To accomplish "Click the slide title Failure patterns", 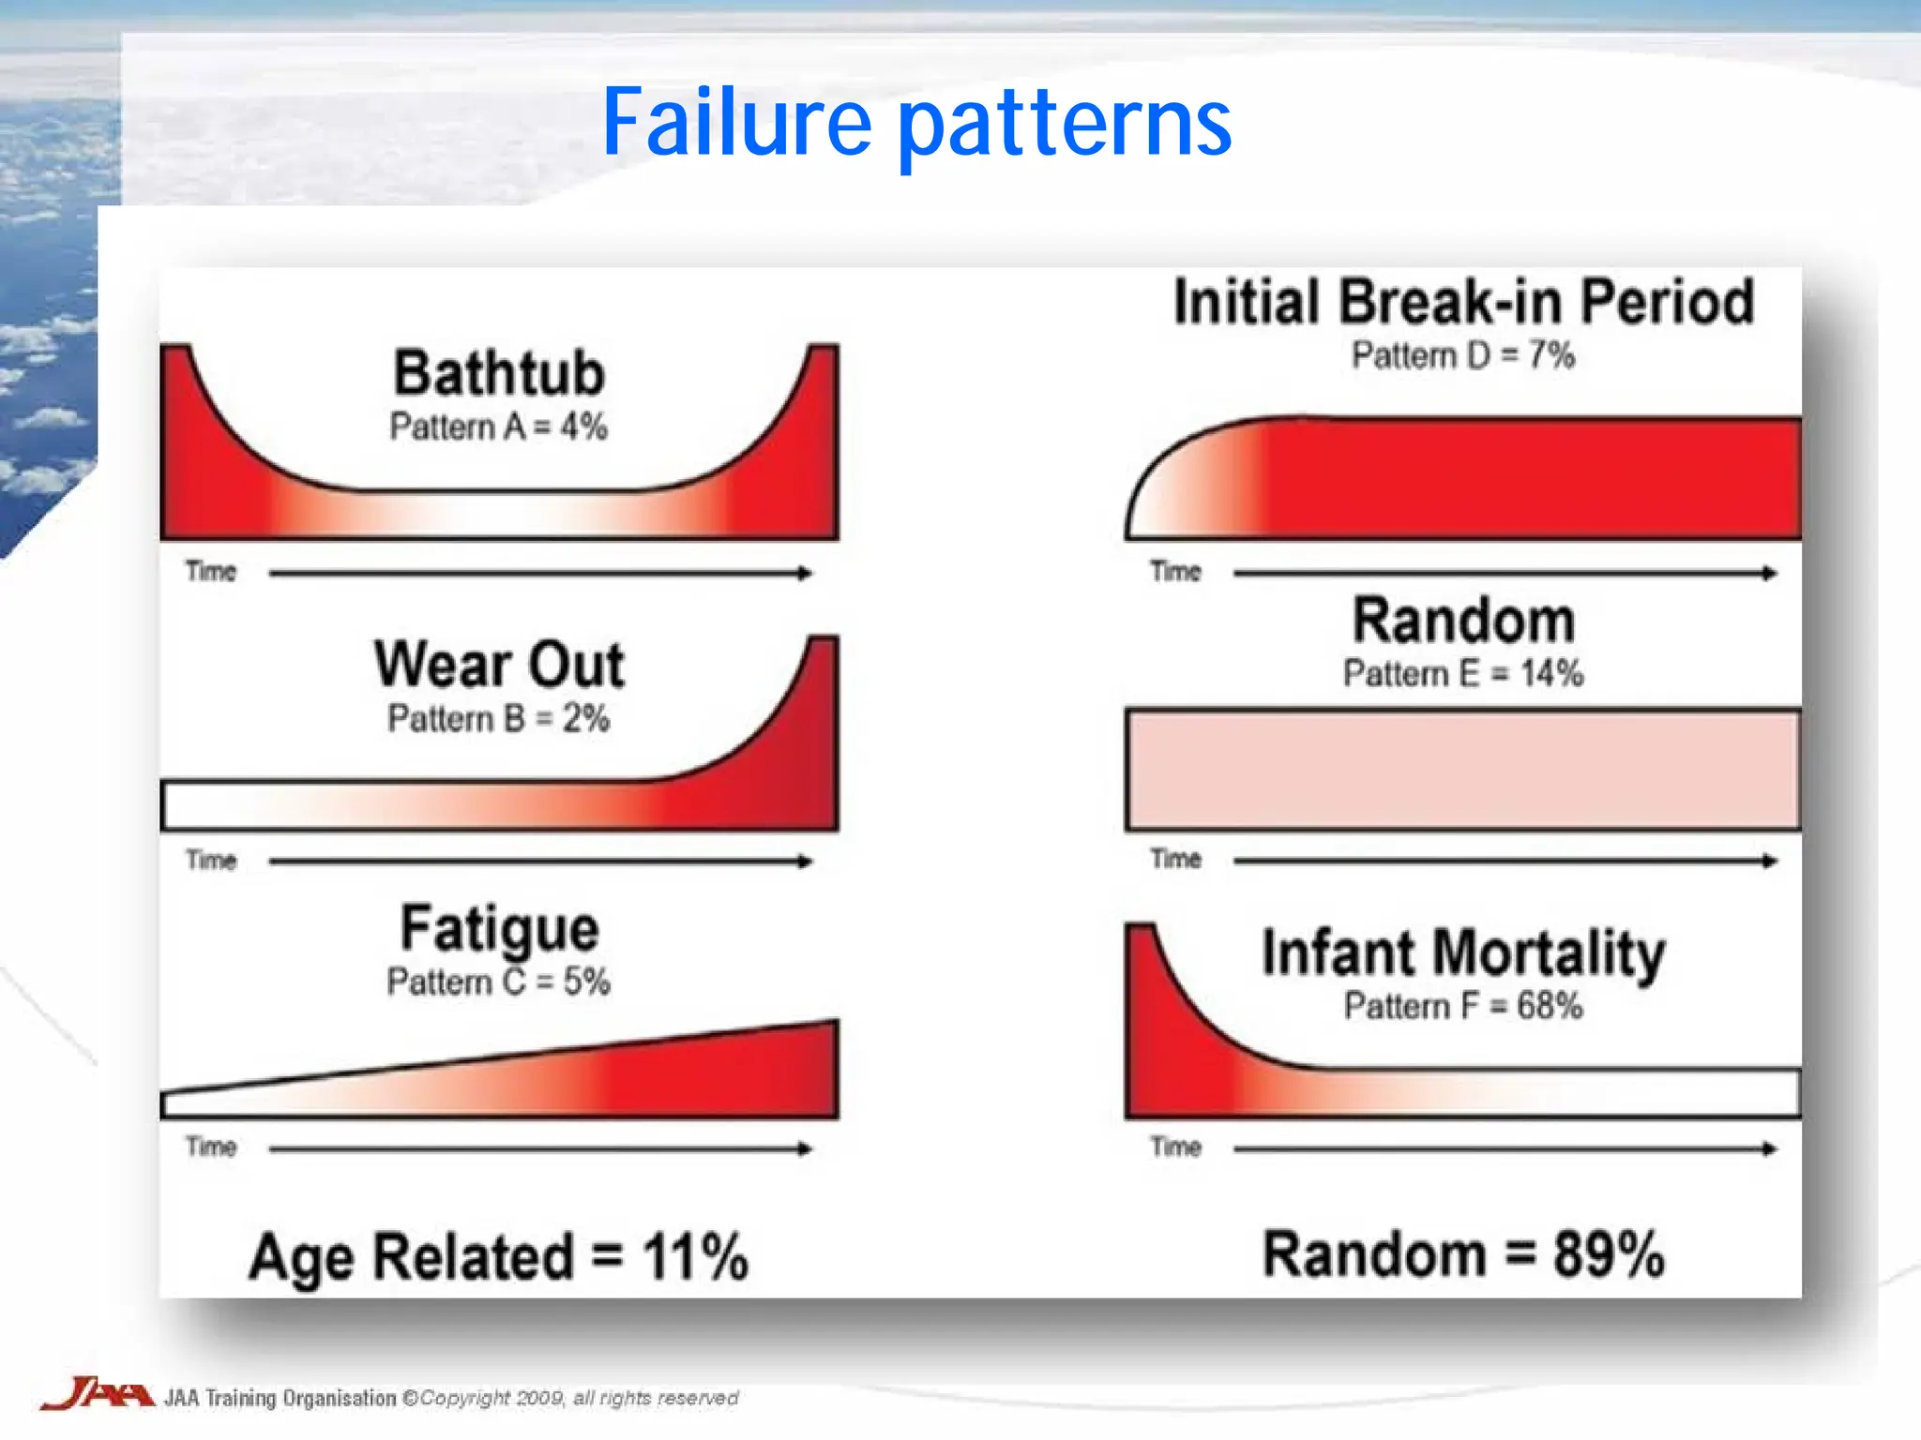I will coord(916,122).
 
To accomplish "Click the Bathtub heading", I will coord(499,373).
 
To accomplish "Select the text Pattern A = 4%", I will coord(499,427).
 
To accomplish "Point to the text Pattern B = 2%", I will coord(499,719).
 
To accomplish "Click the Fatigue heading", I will coord(499,928).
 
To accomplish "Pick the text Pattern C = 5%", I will coord(499,982).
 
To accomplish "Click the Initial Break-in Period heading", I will coord(1463,302).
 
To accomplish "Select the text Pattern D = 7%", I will coord(1463,355).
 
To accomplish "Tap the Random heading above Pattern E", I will coord(1463,621).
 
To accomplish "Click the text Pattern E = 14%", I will coord(1463,673).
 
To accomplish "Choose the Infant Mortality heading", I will coord(1463,952).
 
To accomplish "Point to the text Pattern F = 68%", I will coord(1463,1006).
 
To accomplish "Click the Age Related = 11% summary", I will coord(499,1256).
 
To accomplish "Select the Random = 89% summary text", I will coord(1463,1254).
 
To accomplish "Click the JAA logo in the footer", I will coord(97,1395).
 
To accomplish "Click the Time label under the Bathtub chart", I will coord(211,571).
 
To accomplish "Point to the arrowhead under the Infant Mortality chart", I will coord(1769,1148).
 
